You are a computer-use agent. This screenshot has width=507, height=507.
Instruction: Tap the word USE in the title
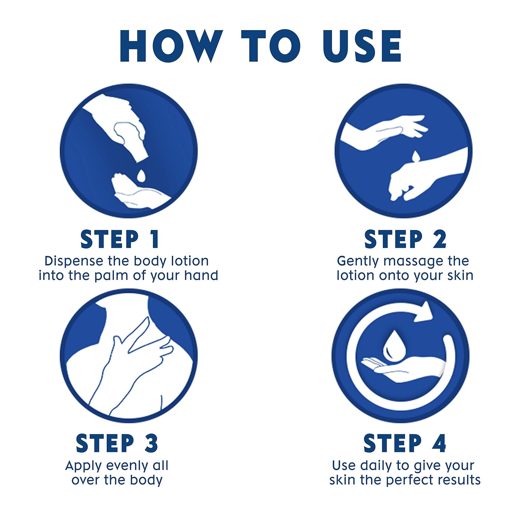click(362, 46)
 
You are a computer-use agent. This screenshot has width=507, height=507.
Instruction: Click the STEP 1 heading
click(120, 239)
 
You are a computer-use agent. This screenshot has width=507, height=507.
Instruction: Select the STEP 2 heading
click(405, 239)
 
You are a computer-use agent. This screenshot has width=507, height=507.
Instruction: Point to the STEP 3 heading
click(117, 443)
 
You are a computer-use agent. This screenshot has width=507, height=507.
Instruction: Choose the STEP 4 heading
click(405, 443)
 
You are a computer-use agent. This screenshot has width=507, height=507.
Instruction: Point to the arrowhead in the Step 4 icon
click(423, 312)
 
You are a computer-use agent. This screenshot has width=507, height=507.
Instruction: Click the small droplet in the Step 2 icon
click(416, 156)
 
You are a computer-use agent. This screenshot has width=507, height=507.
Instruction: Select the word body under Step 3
click(146, 480)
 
